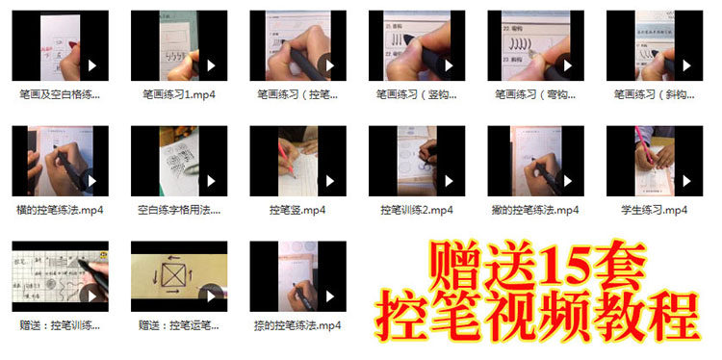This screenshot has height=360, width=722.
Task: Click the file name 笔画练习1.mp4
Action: click(x=178, y=94)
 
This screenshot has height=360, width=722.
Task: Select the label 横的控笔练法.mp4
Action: click(x=60, y=209)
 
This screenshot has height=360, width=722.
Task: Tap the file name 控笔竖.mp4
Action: click(x=297, y=209)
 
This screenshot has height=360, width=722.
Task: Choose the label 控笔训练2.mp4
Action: click(x=416, y=209)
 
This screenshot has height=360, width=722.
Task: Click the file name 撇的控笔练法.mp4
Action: click(x=535, y=209)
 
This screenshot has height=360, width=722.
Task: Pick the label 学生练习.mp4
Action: click(x=654, y=209)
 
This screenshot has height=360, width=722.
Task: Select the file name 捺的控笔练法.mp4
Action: click(x=297, y=325)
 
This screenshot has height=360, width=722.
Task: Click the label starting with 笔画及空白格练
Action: click(x=60, y=94)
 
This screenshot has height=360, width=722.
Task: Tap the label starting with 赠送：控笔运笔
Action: click(x=178, y=325)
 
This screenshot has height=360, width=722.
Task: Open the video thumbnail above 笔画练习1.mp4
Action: click(x=178, y=46)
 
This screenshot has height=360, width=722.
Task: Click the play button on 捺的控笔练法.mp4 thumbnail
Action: click(x=329, y=296)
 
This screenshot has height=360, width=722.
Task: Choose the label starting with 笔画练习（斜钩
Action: click(x=654, y=94)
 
